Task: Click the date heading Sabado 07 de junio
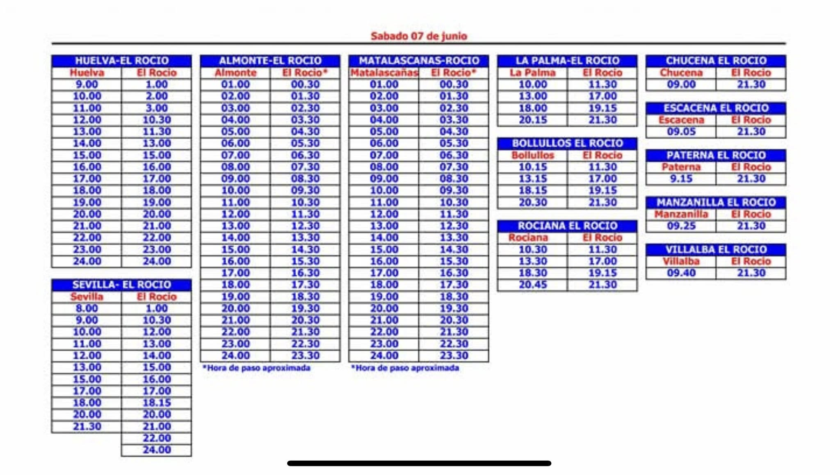[x=419, y=36]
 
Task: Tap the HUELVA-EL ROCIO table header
[x=121, y=61]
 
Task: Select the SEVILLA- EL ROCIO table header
[x=121, y=285]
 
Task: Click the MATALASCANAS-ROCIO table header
[x=419, y=61]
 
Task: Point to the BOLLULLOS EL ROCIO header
[x=567, y=143]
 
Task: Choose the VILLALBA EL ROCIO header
[x=716, y=249]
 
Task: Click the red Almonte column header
[x=235, y=73]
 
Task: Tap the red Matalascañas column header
[x=384, y=73]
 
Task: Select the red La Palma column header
[x=532, y=73]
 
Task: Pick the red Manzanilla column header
[x=681, y=214]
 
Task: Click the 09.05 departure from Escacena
[x=681, y=132]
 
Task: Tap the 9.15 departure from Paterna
[x=681, y=179]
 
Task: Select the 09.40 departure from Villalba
[x=681, y=273]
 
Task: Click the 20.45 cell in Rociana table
[x=532, y=285]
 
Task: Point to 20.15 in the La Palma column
[x=532, y=120]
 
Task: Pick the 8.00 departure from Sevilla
[x=87, y=308]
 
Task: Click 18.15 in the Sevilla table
[x=157, y=403]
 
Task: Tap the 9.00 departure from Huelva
[x=87, y=84]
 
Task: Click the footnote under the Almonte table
[x=257, y=368]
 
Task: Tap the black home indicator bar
[x=419, y=463]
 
